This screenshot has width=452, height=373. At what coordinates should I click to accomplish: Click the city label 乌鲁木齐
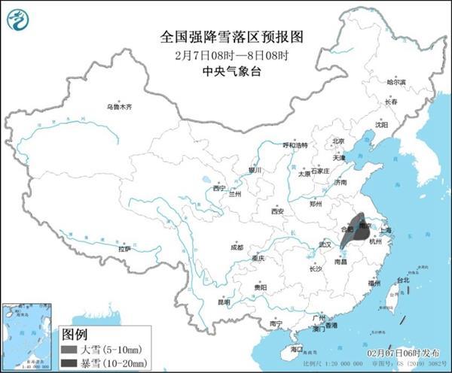118,108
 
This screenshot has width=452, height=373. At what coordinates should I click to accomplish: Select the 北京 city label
338,141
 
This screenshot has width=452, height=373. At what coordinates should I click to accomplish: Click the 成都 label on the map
237,247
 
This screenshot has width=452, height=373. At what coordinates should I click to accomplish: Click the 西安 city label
276,212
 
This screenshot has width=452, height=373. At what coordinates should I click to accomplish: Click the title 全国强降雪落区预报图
226,36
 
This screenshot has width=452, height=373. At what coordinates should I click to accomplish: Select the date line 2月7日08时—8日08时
226,55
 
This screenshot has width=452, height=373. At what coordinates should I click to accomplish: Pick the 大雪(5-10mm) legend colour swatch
72,348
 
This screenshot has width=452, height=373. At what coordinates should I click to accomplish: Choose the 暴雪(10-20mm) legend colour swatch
72,361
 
